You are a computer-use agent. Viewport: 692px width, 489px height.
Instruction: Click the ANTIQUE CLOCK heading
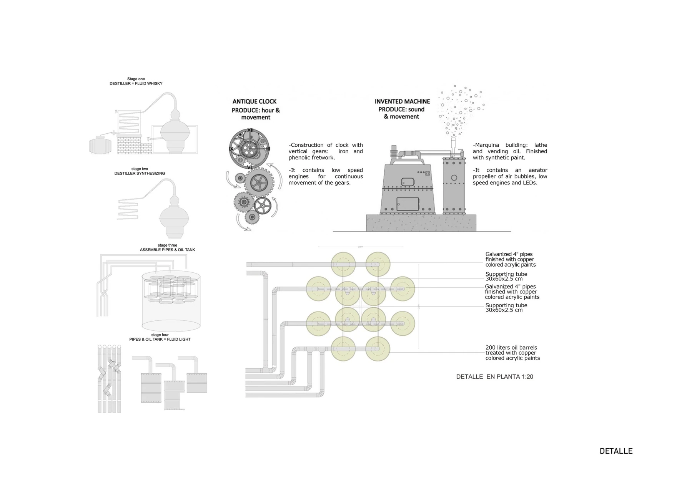(255, 101)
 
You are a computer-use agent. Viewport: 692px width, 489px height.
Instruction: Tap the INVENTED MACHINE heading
(402, 101)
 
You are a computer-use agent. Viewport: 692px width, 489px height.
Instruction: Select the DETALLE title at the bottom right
(616, 451)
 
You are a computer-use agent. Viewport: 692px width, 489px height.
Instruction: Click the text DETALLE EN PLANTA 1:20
(494, 377)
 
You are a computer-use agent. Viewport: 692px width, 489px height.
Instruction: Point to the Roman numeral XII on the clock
(250, 130)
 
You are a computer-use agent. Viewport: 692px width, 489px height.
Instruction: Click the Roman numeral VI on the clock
(249, 167)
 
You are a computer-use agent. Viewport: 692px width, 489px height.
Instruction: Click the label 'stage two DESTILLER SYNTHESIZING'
(140, 171)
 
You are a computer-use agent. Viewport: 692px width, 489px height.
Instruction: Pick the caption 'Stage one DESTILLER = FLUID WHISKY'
(136, 81)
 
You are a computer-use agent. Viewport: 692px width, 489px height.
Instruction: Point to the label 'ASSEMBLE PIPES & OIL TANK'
(168, 250)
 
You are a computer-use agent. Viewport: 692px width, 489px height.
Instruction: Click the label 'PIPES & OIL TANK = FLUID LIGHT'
(160, 339)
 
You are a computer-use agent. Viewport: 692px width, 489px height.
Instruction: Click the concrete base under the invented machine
(421, 223)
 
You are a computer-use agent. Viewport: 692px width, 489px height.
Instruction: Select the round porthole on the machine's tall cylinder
(454, 178)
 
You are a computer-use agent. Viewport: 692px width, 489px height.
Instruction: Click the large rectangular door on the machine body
(408, 204)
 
